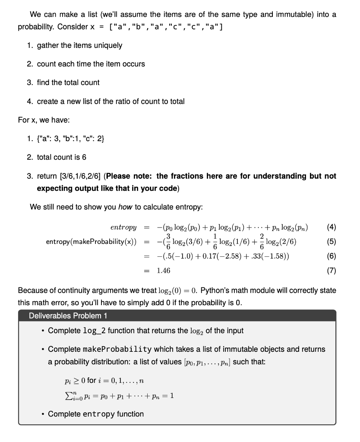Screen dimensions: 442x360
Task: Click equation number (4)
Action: (329, 227)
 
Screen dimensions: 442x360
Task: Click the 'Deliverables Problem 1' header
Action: (68, 315)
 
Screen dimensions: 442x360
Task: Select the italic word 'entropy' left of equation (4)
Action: (123, 227)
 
